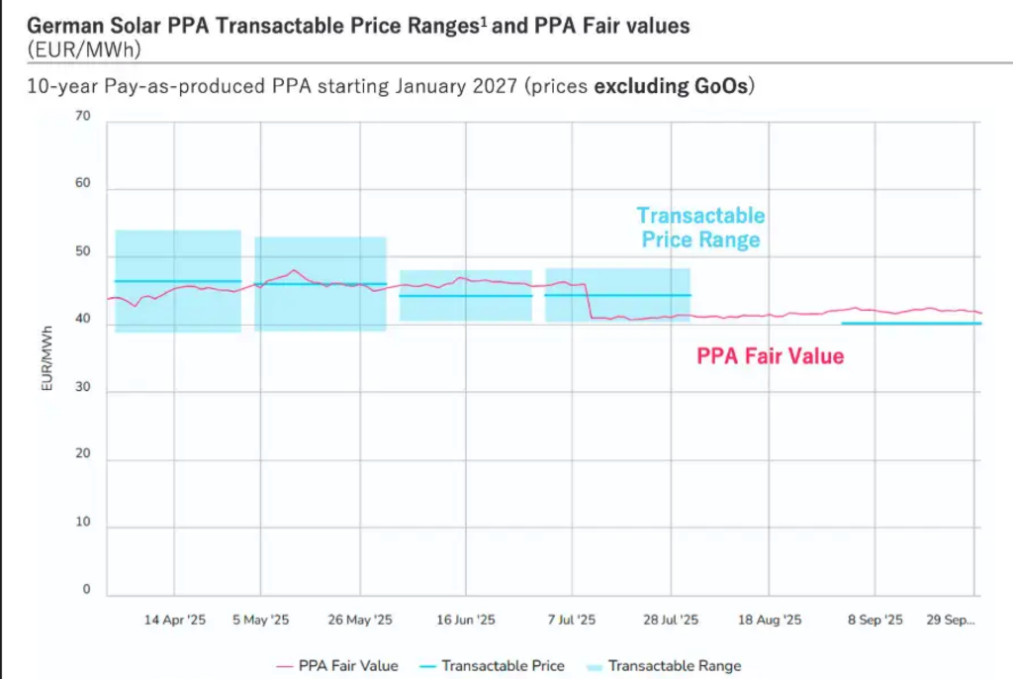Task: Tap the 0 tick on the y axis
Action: click(86, 590)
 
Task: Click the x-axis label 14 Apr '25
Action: click(175, 621)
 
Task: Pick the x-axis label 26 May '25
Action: click(360, 621)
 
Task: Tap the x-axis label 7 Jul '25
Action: click(571, 621)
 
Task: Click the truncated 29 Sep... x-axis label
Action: click(951, 621)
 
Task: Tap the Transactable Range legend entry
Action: click(674, 666)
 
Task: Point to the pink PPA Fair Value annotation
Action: click(771, 355)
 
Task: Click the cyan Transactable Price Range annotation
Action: click(700, 228)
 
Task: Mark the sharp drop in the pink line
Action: click(589, 301)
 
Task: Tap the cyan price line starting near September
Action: click(910, 324)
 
